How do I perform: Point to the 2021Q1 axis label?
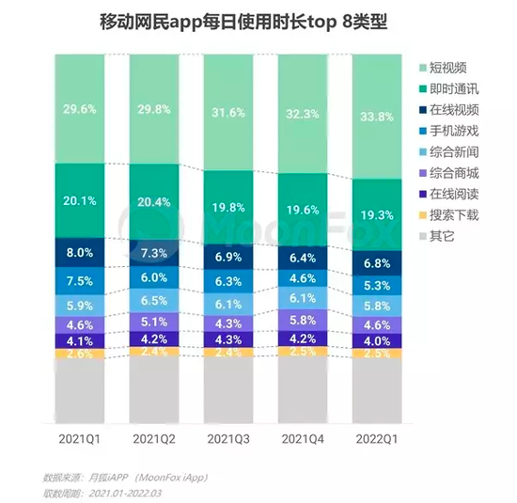[x=79, y=438]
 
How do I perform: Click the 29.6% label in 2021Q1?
[x=79, y=108]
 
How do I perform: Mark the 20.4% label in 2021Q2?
[x=154, y=201]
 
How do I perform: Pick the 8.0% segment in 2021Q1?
[x=79, y=253]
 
